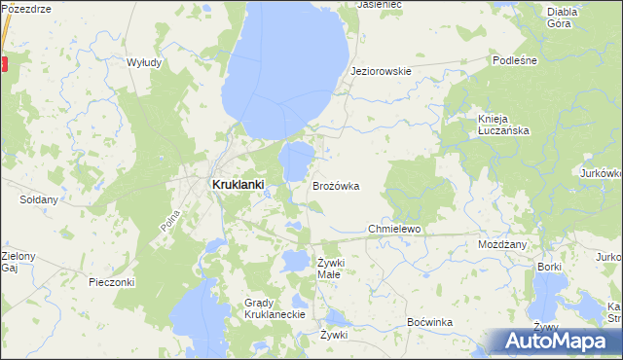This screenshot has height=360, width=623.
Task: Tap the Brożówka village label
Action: pyautogui.click(x=336, y=185)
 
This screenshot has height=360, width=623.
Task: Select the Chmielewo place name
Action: pyautogui.click(x=392, y=229)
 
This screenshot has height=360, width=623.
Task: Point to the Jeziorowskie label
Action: pyautogui.click(x=381, y=71)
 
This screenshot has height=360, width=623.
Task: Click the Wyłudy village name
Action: pyautogui.click(x=143, y=61)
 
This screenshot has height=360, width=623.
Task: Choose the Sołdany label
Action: pyautogui.click(x=39, y=199)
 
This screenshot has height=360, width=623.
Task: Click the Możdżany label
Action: pyautogui.click(x=501, y=244)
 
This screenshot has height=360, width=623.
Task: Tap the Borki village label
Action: pyautogui.click(x=550, y=266)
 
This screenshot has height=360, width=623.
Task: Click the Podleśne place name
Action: pyautogui.click(x=515, y=59)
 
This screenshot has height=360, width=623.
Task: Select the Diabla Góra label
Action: pyautogui.click(x=562, y=17)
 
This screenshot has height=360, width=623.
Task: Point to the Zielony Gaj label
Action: pyautogui.click(x=18, y=262)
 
